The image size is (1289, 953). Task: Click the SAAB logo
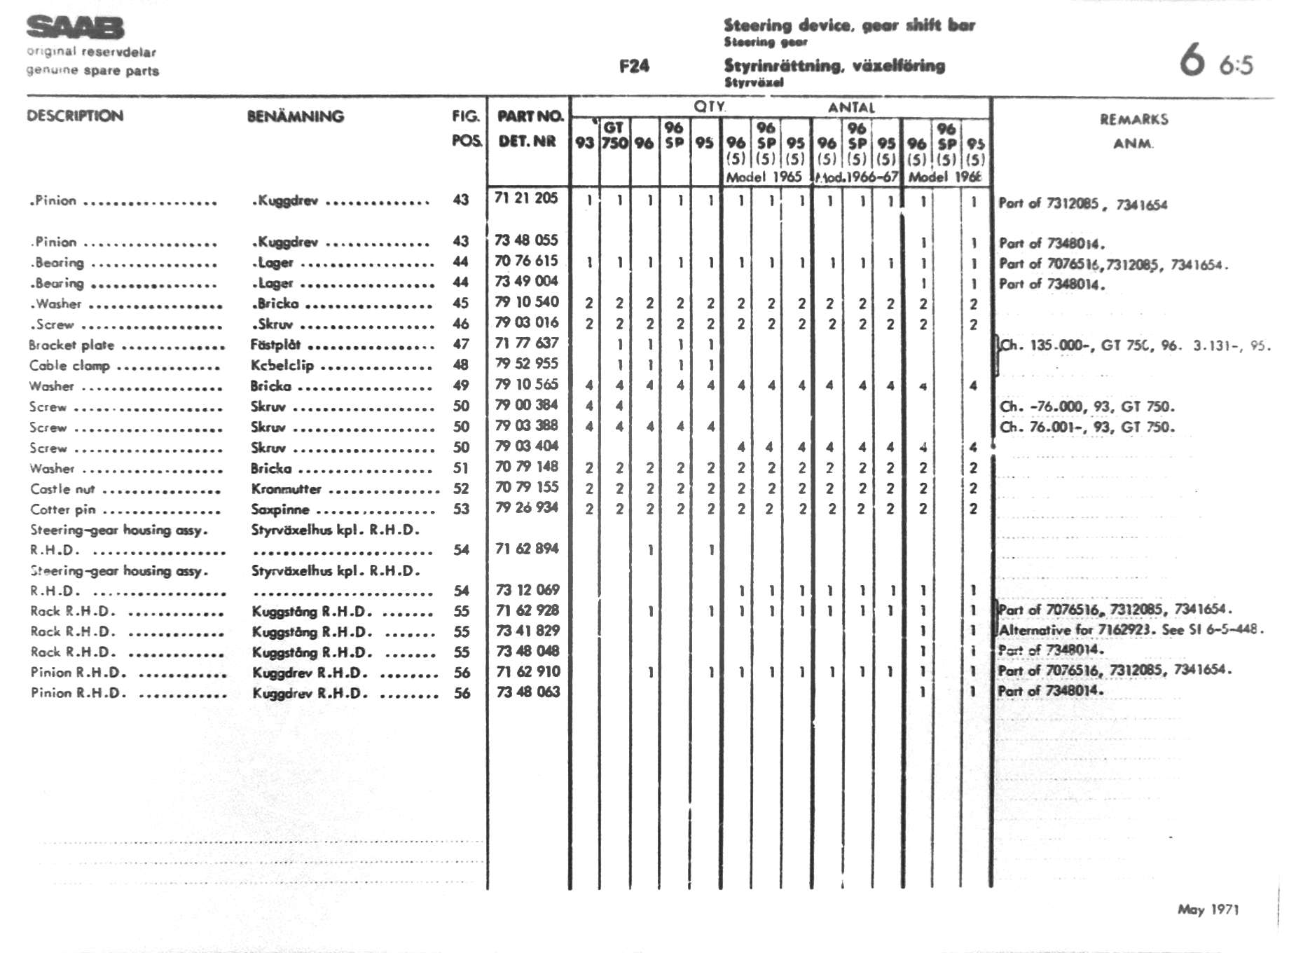(x=75, y=28)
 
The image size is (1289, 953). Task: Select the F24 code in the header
(x=634, y=66)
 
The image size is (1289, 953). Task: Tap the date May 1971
(x=1208, y=910)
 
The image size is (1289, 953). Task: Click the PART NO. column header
(x=530, y=116)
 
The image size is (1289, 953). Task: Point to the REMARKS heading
(x=1133, y=120)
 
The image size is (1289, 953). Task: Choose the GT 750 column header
(x=614, y=135)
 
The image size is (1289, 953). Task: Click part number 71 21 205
(x=526, y=198)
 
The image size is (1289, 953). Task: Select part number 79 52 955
(x=527, y=364)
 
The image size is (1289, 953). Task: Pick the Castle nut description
(x=62, y=489)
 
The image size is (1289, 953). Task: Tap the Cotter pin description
(x=63, y=509)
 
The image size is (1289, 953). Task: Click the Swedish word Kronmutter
(x=286, y=489)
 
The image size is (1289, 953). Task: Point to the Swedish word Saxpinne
(x=280, y=509)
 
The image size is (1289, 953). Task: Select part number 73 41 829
(x=528, y=631)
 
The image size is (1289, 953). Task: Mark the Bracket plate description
(x=71, y=345)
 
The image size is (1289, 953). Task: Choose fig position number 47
(x=460, y=344)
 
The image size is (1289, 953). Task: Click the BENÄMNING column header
(x=295, y=116)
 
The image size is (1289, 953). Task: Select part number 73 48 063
(x=528, y=692)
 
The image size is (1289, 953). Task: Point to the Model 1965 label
(x=763, y=177)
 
